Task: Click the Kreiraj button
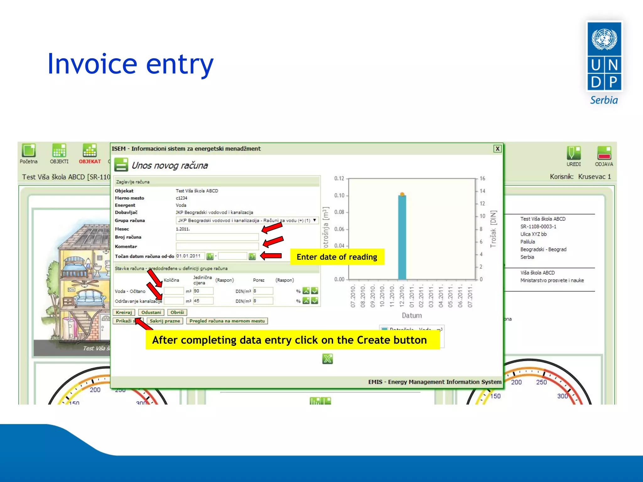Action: tap(124, 312)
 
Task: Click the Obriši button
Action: tap(177, 312)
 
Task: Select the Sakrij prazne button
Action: tap(165, 321)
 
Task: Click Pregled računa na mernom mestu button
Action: tap(227, 321)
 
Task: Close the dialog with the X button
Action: tap(497, 149)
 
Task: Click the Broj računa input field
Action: tap(217, 237)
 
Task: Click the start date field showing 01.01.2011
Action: tap(190, 256)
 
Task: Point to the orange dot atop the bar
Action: tap(402, 194)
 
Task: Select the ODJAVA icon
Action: tap(604, 153)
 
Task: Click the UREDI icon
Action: tap(574, 153)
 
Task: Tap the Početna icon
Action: tap(29, 151)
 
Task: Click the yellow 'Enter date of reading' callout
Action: tap(337, 257)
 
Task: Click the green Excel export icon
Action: tap(327, 359)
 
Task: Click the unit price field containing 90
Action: tap(203, 291)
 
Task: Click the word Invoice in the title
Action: tap(92, 64)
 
